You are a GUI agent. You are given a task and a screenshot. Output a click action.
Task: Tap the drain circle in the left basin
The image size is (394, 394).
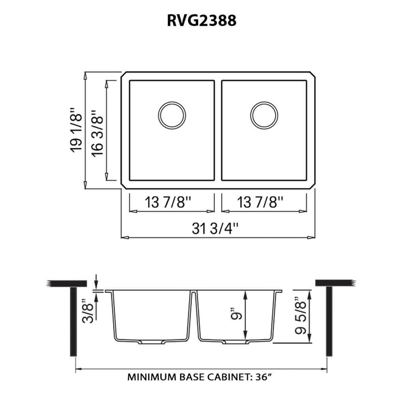click(x=172, y=115)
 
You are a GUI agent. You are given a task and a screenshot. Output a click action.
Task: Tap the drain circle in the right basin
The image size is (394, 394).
click(x=264, y=115)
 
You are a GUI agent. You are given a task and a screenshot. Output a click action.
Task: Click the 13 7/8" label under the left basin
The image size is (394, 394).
click(x=172, y=201)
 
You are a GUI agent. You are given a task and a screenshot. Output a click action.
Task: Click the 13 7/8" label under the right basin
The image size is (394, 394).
click(x=263, y=201)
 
